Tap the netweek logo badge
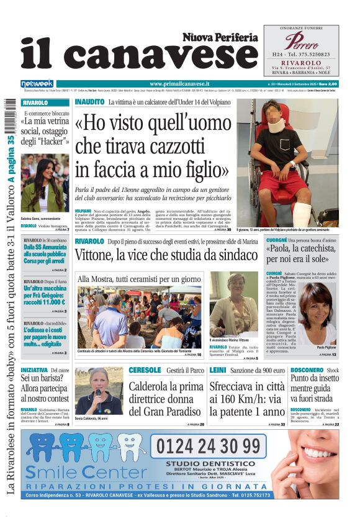tap(37, 84)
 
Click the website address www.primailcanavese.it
tap(179, 83)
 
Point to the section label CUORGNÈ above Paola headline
tap(276, 240)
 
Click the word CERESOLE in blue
tap(145, 370)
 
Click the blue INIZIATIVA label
tap(34, 370)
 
